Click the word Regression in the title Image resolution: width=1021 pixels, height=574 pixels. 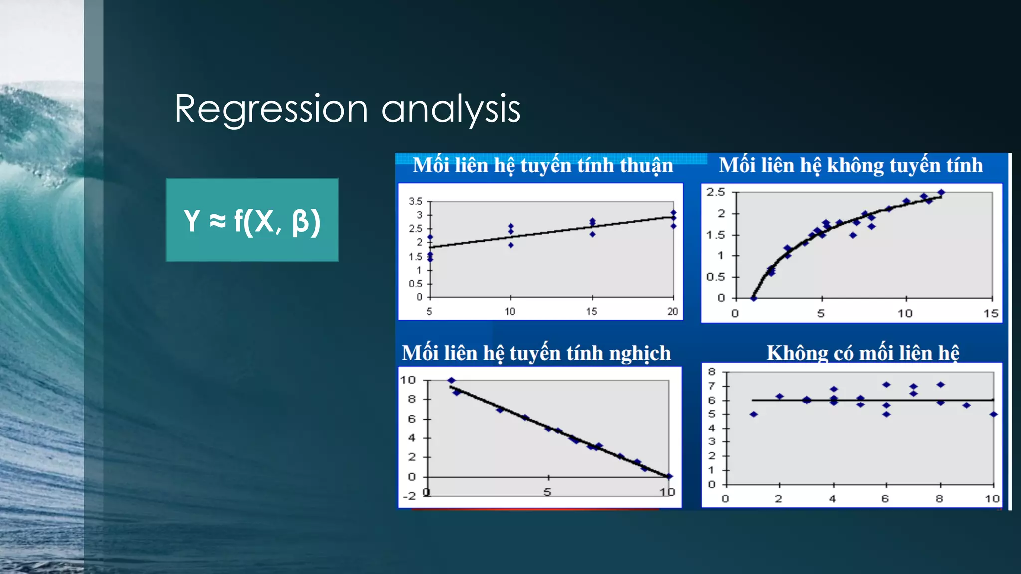pyautogui.click(x=271, y=109)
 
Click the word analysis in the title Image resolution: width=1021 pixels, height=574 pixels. pyautogui.click(x=451, y=109)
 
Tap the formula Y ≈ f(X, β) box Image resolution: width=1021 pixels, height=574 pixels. pyautogui.click(x=252, y=220)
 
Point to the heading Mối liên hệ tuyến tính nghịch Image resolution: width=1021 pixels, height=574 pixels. pyautogui.click(x=536, y=353)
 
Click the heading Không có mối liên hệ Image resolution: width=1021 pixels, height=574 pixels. pyautogui.click(x=862, y=353)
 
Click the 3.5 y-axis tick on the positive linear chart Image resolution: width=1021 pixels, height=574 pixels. pyautogui.click(x=415, y=201)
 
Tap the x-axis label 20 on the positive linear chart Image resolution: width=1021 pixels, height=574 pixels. pyautogui.click(x=672, y=312)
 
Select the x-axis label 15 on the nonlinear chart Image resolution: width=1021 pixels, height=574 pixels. pyautogui.click(x=990, y=314)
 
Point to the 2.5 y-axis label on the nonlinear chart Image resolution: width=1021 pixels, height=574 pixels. pyautogui.click(x=715, y=192)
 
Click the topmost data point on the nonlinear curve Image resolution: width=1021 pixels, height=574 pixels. pyautogui.click(x=941, y=192)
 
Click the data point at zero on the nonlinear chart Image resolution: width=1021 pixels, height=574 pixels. pyautogui.click(x=754, y=298)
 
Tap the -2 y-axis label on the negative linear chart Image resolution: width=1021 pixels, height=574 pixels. pyautogui.click(x=409, y=496)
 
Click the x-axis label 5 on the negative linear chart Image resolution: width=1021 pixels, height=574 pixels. pyautogui.click(x=547, y=492)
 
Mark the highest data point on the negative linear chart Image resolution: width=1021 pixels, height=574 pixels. pyautogui.click(x=451, y=380)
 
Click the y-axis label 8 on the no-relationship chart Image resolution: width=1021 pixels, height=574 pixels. pyautogui.click(x=712, y=372)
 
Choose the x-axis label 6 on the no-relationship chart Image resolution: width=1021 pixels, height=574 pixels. pyautogui.click(x=885, y=499)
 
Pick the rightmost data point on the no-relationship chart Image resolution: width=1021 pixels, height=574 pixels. pyautogui.click(x=993, y=414)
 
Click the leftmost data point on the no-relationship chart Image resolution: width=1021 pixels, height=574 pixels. pyautogui.click(x=754, y=414)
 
